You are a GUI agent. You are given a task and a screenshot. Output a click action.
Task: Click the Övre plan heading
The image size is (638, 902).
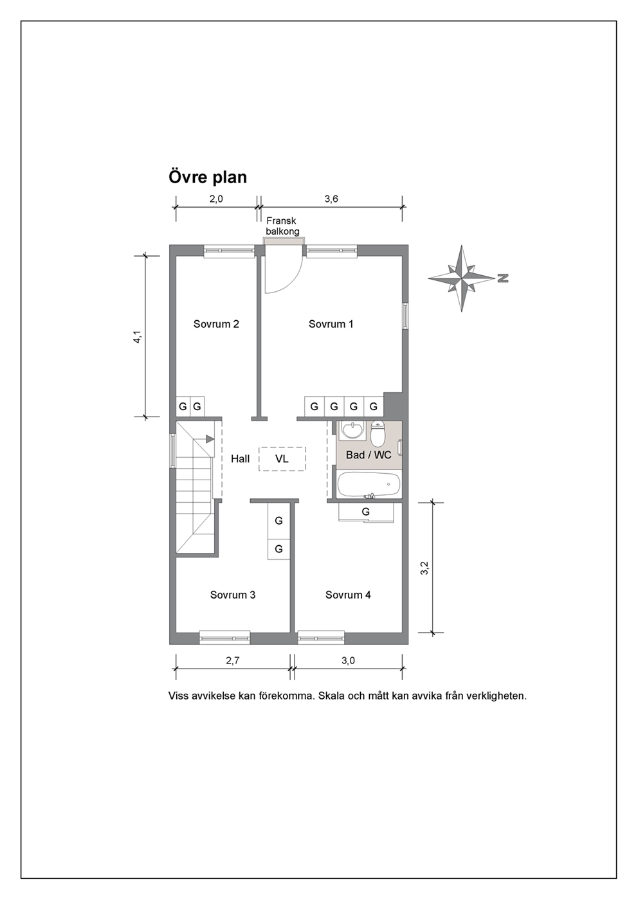[x=208, y=177]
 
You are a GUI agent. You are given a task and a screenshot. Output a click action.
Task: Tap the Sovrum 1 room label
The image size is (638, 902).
[x=331, y=324]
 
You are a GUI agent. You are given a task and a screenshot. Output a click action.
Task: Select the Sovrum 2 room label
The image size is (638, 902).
[x=216, y=324]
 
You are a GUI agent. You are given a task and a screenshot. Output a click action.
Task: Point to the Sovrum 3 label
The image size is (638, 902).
[x=233, y=595]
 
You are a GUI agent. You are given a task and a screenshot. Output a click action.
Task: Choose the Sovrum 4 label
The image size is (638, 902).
[x=348, y=595]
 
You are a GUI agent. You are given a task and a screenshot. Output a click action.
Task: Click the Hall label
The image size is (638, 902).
[x=240, y=459]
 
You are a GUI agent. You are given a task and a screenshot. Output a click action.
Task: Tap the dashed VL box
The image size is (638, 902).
[x=282, y=459]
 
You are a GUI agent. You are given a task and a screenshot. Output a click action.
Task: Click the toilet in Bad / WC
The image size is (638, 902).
[x=378, y=434]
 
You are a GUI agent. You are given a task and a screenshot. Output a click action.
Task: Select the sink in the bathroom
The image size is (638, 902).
[x=353, y=429]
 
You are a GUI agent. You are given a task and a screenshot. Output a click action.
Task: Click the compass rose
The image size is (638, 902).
[x=461, y=278]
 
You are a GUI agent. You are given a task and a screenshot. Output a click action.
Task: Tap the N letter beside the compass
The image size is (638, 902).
[x=503, y=278]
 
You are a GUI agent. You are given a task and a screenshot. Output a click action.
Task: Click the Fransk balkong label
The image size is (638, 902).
[x=282, y=226]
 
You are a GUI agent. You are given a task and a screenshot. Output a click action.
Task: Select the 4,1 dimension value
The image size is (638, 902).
[x=138, y=337]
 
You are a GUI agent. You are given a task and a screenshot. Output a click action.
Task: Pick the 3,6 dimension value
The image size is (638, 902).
[x=331, y=199]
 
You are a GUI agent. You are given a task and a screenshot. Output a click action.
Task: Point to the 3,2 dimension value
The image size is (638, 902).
[x=424, y=568]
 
